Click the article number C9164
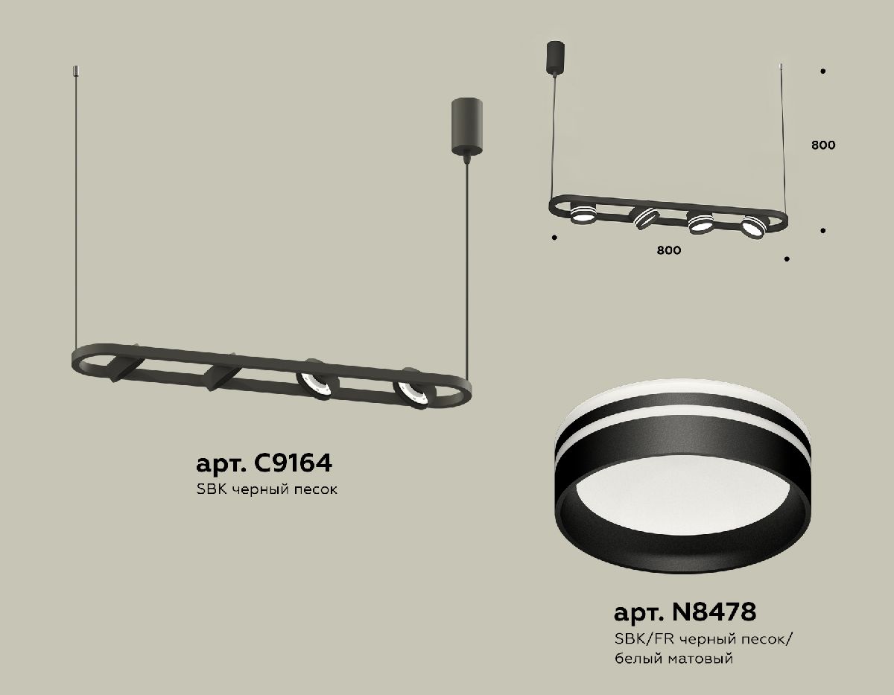coord(263,463)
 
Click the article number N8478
coord(685,612)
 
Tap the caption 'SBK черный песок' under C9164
coord(267,490)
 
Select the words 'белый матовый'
coord(674,658)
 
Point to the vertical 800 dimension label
coord(822,145)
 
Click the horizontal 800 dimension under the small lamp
coord(669,251)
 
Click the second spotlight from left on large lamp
coord(221,377)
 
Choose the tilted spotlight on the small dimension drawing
coord(644,218)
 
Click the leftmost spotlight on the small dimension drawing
coord(583,217)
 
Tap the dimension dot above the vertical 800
coord(822,72)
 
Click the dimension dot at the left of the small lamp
coord(554,238)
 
